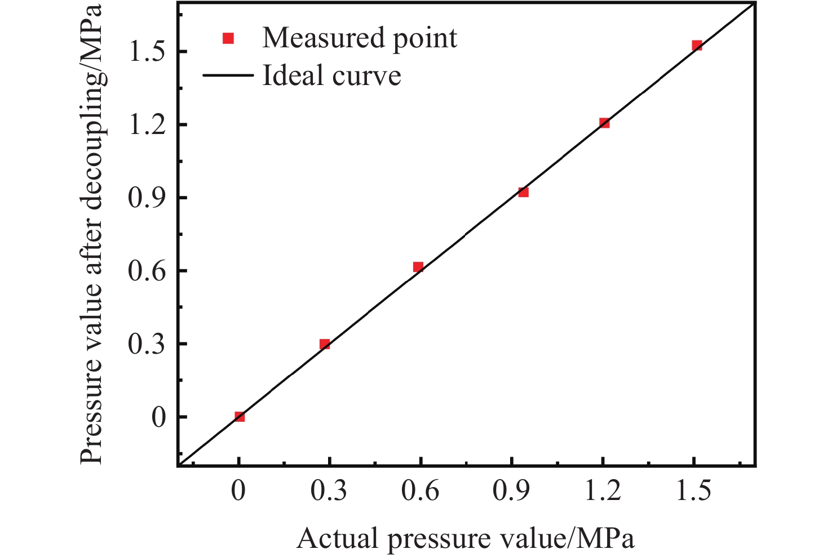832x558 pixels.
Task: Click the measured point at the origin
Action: (240, 417)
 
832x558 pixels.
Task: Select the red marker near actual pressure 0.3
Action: (325, 344)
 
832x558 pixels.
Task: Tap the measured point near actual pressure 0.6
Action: (418, 267)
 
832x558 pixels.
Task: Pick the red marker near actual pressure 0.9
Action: (523, 193)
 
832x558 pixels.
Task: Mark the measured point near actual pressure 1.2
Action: (604, 123)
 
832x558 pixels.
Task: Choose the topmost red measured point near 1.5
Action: (697, 46)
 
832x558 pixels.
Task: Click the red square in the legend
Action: (228, 38)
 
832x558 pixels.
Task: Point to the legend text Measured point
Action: (360, 38)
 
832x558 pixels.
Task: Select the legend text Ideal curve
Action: (331, 75)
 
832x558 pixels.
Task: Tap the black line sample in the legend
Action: (228, 75)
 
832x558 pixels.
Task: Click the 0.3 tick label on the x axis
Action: (329, 492)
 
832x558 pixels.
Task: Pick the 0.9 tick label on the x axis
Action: (511, 492)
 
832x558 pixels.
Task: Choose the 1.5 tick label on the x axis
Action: (693, 492)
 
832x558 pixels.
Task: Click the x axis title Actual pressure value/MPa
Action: (465, 539)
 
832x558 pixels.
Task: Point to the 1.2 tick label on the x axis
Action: (602, 492)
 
